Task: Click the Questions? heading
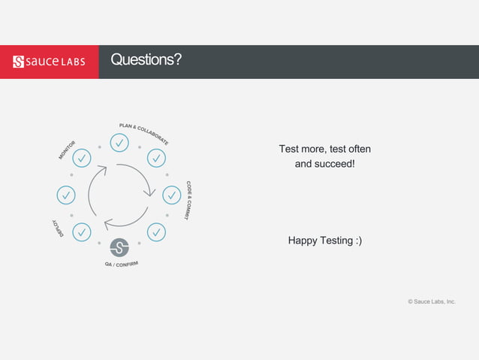tap(146, 60)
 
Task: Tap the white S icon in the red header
tap(20, 61)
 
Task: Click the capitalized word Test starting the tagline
tap(289, 149)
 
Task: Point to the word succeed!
tap(334, 163)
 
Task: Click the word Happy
tap(304, 241)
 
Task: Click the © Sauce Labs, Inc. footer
tap(431, 301)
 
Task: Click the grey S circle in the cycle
tap(119, 247)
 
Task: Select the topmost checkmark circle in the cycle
tap(119, 142)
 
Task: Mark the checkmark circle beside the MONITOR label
tap(82, 158)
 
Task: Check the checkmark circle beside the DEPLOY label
tap(82, 232)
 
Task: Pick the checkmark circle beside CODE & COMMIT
tap(172, 195)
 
